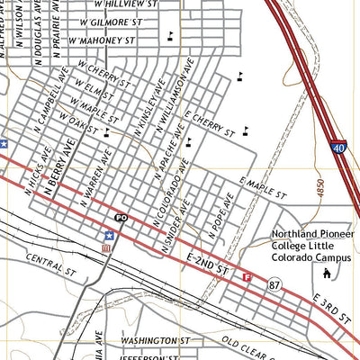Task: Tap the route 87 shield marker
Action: pyautogui.click(x=272, y=284)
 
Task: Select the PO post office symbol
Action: pyautogui.click(x=121, y=219)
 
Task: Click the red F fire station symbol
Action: pyautogui.click(x=247, y=277)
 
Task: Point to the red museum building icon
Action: pyautogui.click(x=107, y=247)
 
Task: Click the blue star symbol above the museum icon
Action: pyautogui.click(x=109, y=235)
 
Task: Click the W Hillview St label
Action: pyautogui.click(x=150, y=4)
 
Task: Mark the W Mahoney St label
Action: pyautogui.click(x=106, y=41)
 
